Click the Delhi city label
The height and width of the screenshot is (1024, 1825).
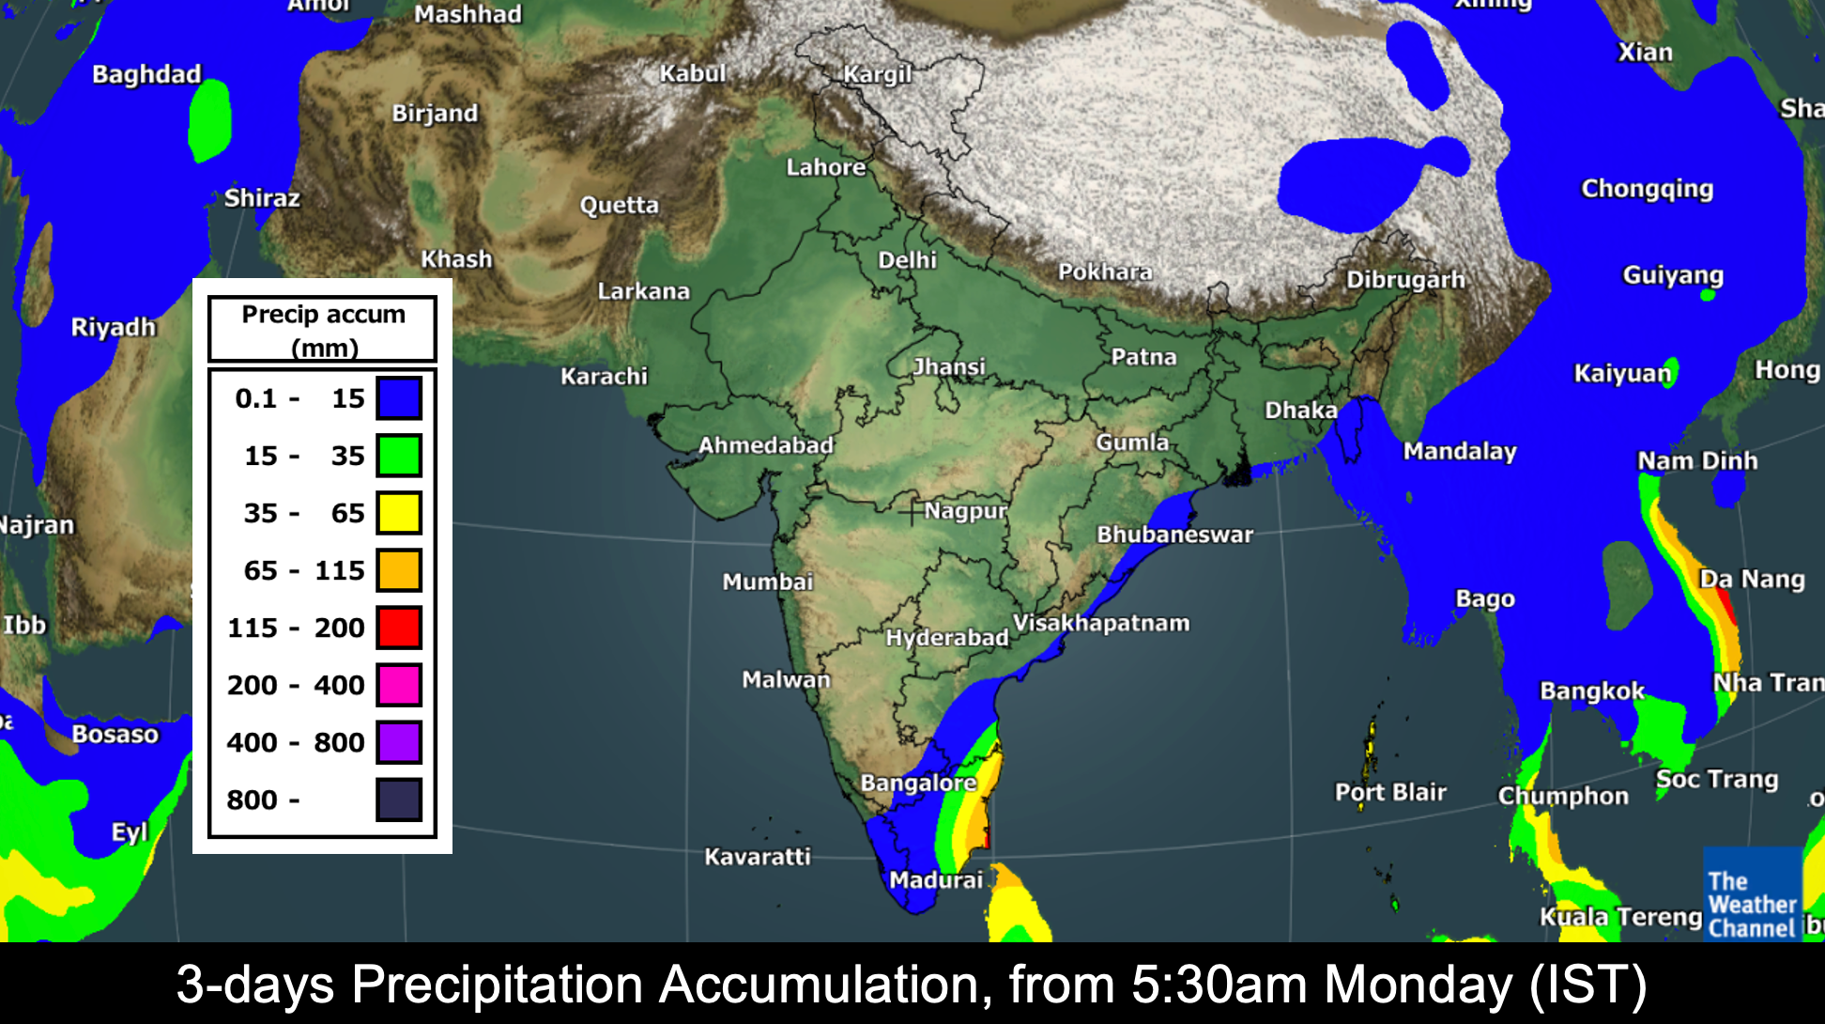[x=907, y=260]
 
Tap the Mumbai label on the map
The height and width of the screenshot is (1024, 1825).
[x=767, y=582]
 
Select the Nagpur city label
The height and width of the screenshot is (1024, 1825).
[x=965, y=511]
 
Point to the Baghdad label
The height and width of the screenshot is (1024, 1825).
[x=146, y=74]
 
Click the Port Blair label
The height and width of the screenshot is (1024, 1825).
[x=1390, y=792]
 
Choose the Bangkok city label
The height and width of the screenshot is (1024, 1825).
[x=1592, y=691]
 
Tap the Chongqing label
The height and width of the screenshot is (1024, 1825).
[x=1647, y=189]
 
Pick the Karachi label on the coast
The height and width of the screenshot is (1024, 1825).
[x=604, y=377]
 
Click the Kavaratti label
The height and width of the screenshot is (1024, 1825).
[x=757, y=857]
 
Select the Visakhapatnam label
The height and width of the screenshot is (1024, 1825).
[x=1100, y=623]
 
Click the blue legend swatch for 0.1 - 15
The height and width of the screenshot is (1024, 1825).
[x=399, y=398]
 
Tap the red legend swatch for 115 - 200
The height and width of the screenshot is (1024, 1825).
[x=399, y=628]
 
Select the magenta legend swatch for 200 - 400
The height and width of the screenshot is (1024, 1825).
[x=399, y=685]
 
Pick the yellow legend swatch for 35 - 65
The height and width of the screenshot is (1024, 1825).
[x=399, y=513]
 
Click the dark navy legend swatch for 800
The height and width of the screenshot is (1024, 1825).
[x=399, y=799]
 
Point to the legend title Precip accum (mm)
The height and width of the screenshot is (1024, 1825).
[x=323, y=330]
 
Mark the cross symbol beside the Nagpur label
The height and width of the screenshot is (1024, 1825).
[x=911, y=513]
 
